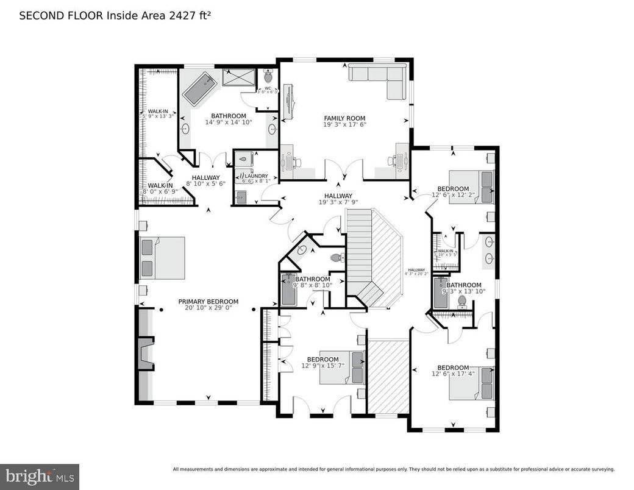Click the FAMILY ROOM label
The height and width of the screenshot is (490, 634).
point(344,118)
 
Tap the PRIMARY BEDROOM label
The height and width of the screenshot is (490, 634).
point(208,301)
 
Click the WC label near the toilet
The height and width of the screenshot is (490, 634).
point(267,88)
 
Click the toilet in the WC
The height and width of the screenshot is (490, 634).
point(268,77)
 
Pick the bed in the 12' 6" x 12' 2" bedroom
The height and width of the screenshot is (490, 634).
point(472,186)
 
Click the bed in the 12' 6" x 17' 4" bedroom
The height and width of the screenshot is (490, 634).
point(472,383)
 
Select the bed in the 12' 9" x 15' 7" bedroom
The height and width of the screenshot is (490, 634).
point(342,367)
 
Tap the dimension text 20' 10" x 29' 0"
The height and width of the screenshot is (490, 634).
point(208,308)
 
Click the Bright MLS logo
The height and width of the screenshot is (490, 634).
point(40,476)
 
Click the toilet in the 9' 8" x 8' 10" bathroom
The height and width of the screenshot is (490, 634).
point(337,258)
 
